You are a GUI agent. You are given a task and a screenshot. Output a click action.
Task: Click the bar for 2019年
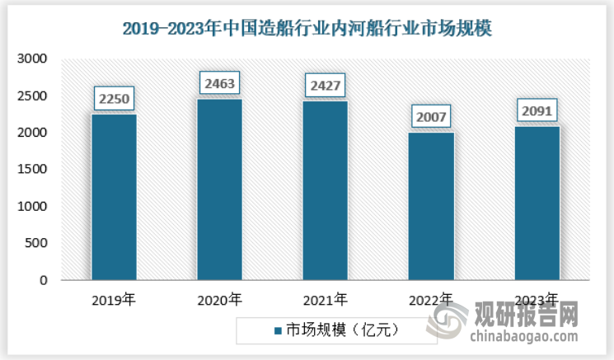114,197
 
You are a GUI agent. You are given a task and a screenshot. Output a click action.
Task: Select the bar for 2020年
219,189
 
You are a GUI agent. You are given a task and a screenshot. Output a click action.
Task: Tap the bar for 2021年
325,190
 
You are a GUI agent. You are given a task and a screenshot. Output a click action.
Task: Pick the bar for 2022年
430,206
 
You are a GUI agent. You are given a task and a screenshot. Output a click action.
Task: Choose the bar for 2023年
537,203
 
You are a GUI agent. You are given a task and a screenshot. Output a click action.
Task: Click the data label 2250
114,100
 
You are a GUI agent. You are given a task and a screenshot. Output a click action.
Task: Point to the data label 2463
219,84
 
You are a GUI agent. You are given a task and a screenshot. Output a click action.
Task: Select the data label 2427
325,86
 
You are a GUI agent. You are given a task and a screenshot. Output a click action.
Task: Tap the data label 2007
430,118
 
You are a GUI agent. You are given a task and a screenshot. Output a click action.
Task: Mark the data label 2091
537,111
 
